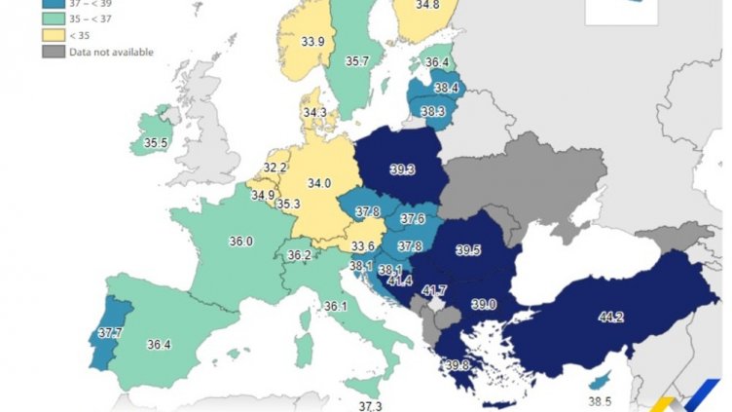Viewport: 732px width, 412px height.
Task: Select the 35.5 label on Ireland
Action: (x=157, y=142)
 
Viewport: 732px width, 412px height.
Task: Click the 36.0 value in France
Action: (x=240, y=242)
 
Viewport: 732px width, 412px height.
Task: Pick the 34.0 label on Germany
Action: (x=319, y=182)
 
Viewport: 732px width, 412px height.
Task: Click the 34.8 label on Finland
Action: (x=427, y=6)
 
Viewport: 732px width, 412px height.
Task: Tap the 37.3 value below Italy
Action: (x=371, y=405)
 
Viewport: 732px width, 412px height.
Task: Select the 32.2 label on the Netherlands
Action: (x=275, y=168)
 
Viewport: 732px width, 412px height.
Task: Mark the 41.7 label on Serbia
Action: (x=434, y=290)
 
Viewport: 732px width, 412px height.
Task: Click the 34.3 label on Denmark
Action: (x=314, y=113)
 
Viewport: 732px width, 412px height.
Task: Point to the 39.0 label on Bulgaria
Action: (x=484, y=304)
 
